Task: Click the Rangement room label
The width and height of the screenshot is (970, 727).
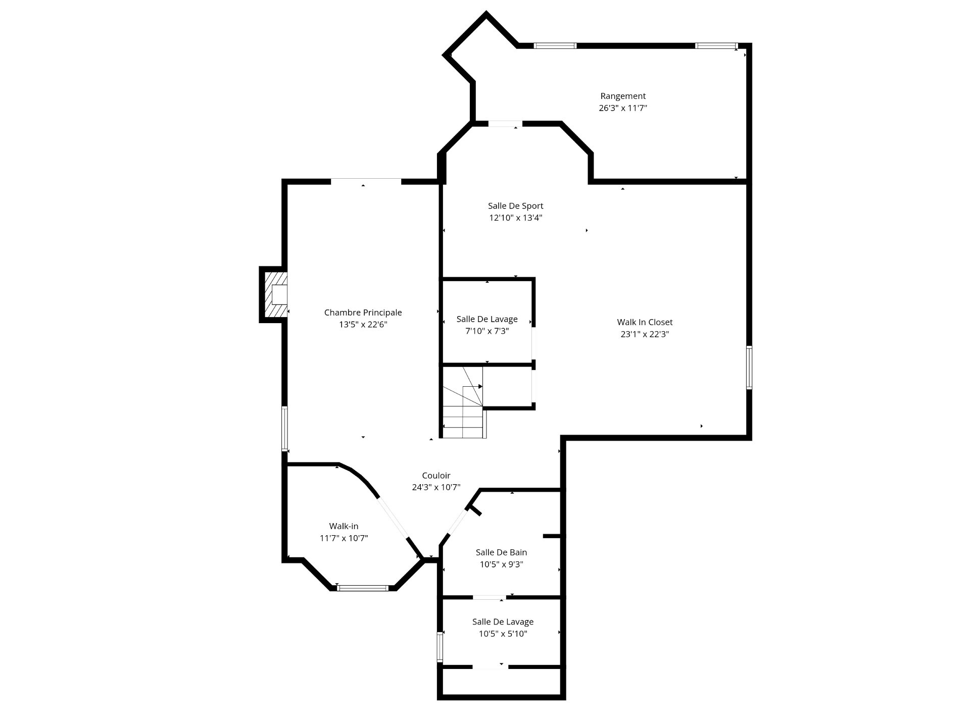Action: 623,96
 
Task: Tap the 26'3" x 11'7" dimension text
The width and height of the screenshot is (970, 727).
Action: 623,108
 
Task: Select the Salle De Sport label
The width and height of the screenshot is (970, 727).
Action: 515,206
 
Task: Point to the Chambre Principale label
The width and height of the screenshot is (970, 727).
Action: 363,313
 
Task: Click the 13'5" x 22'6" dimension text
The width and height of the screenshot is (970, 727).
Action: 363,325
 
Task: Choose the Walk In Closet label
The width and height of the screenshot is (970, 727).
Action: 645,322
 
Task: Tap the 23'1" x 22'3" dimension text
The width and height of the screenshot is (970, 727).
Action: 645,334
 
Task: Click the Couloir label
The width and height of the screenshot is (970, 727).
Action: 436,476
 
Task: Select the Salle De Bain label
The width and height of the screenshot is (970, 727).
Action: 501,552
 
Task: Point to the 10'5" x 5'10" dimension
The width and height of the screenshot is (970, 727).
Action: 503,634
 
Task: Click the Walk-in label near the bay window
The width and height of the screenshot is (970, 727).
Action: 344,526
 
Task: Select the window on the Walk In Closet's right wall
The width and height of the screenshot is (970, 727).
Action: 749,367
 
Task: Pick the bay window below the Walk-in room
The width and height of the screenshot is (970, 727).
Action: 363,588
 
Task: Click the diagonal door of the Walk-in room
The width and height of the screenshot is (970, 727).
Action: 394,518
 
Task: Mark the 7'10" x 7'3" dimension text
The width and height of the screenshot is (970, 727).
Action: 487,331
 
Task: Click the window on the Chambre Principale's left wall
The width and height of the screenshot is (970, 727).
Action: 285,429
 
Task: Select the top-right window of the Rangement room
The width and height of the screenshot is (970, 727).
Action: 715,46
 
